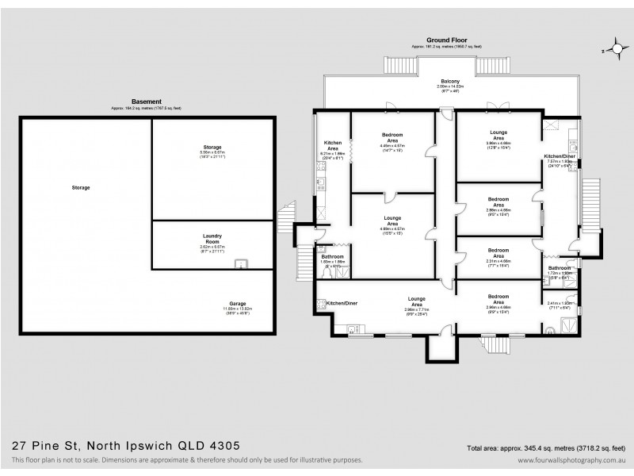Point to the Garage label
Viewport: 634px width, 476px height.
point(215,303)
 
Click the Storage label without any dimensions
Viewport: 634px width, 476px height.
point(80,187)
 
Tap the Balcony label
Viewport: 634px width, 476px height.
point(450,83)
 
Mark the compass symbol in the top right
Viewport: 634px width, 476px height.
point(613,49)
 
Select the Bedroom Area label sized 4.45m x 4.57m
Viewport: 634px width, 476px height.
point(392,140)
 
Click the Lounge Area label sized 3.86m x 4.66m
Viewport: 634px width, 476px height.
point(498,137)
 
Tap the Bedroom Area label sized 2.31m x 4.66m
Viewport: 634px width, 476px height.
point(498,252)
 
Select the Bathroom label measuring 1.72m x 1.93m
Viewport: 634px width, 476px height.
point(560,270)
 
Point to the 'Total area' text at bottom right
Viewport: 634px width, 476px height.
point(548,447)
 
